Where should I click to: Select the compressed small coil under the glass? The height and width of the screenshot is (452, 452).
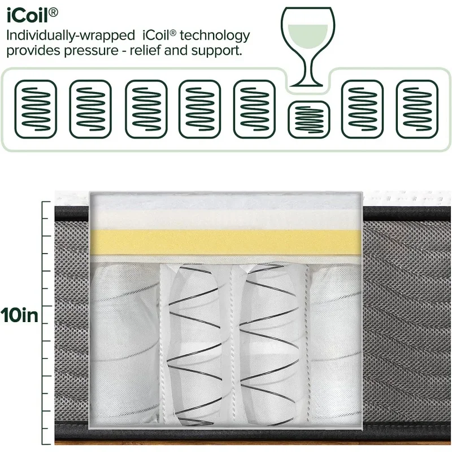click(x=309, y=119)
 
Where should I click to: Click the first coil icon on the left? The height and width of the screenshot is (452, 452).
click(x=36, y=109)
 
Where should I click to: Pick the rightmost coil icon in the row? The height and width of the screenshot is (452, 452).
click(x=417, y=109)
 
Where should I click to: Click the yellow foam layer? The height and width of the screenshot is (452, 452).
click(x=226, y=242)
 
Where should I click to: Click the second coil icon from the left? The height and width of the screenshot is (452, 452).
click(x=90, y=109)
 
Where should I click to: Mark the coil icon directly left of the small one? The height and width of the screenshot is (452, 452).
click(x=254, y=109)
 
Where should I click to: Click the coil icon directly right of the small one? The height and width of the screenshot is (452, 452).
click(x=363, y=109)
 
